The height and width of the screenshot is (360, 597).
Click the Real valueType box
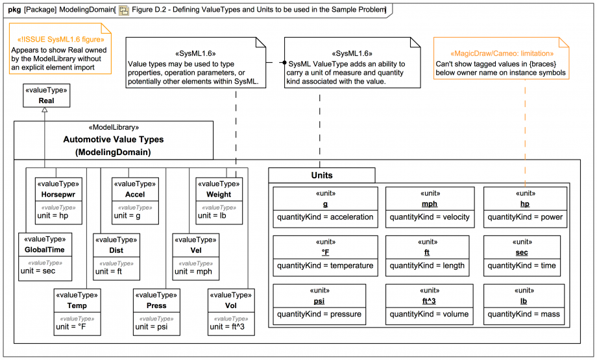pos(46,96)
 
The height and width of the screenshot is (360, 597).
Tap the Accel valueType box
pos(135,200)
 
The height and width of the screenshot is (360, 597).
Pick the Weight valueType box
pos(219,200)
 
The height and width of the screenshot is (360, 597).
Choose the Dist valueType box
pos(116,256)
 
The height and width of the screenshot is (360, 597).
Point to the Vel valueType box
pos(195,256)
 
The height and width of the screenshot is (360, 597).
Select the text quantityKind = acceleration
pos(325,217)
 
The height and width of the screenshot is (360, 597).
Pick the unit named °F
pos(325,252)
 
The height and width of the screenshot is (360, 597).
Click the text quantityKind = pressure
pos(319,315)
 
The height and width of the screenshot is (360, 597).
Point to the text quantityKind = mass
pos(524,315)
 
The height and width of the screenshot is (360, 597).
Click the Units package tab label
pos(321,175)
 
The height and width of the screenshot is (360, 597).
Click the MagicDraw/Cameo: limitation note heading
pos(502,53)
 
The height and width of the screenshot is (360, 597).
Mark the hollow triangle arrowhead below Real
pos(44,112)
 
